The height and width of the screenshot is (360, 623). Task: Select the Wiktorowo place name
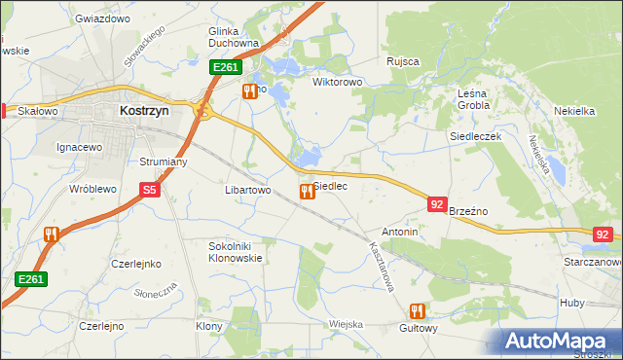[x=337, y=82]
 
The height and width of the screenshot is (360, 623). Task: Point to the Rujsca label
[x=402, y=61]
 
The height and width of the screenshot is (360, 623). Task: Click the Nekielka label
[x=574, y=111]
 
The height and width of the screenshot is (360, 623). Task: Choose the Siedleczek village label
[x=475, y=137]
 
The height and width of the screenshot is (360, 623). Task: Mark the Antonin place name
[x=400, y=233]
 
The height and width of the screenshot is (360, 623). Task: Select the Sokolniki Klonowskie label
[x=236, y=252]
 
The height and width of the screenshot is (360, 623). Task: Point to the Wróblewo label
[x=92, y=189]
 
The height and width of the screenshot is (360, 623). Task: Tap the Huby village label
[x=572, y=303]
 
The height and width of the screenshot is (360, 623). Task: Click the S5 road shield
[x=149, y=192]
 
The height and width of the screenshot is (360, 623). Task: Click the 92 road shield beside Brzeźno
[x=437, y=204]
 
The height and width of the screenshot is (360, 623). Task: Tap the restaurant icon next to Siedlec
[x=307, y=192]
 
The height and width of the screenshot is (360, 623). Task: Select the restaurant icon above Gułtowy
[x=418, y=311]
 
